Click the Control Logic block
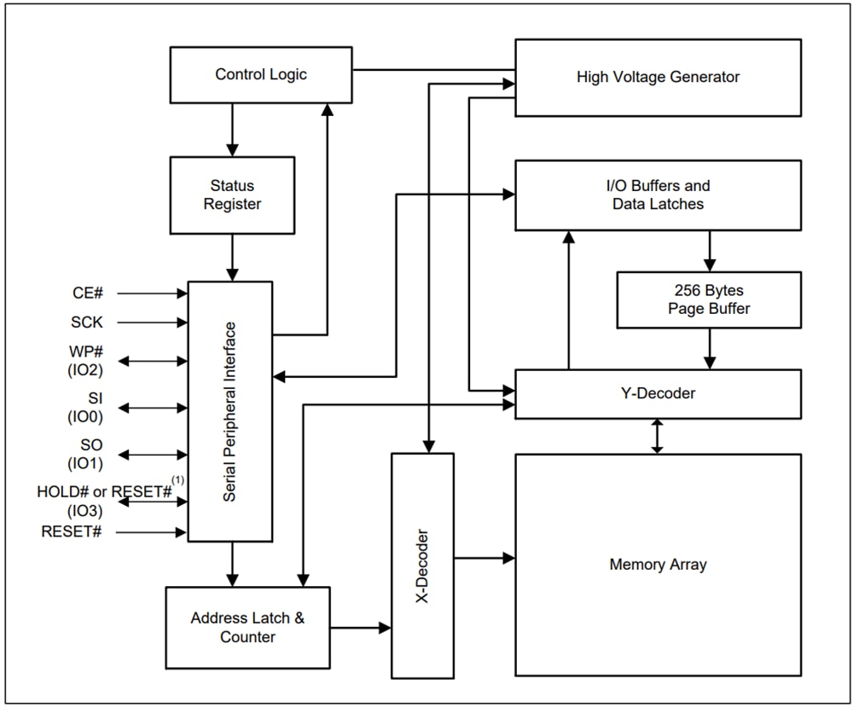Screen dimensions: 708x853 point(260,75)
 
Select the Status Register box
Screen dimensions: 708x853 point(232,194)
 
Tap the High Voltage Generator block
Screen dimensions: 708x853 point(658,77)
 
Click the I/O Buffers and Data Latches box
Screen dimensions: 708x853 point(658,194)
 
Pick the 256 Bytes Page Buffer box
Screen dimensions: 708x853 point(709,299)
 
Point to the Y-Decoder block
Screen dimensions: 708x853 point(658,393)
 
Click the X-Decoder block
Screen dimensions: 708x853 point(422,566)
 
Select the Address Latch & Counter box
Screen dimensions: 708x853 point(247,627)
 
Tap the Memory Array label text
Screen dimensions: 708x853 point(658,564)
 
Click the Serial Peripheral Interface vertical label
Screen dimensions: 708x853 point(229,411)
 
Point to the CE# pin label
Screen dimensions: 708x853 point(88,293)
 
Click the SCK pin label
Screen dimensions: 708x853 point(87,322)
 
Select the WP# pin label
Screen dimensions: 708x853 point(87,351)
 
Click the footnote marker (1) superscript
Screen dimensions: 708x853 point(178,480)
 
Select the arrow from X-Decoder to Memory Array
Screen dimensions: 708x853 point(484,558)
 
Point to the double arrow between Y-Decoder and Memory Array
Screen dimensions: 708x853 point(657,436)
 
